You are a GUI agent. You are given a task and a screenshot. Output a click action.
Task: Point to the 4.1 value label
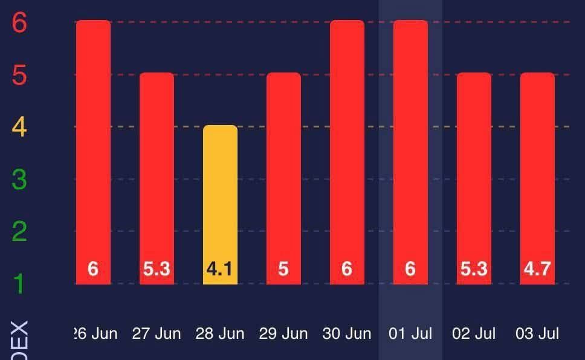click(220, 269)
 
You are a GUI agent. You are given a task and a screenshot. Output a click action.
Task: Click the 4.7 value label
click(537, 269)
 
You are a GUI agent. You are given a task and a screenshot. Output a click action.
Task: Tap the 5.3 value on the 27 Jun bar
click(157, 269)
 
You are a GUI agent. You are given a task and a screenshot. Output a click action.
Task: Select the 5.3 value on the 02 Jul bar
click(474, 269)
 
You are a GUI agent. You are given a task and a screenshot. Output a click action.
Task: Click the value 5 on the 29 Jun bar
click(283, 269)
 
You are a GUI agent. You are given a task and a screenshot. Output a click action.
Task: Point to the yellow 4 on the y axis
click(19, 127)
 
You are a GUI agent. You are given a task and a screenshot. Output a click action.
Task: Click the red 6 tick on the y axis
click(19, 23)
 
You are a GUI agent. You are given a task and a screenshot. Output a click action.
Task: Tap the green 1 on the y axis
click(19, 283)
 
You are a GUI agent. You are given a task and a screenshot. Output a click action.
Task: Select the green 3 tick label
click(19, 179)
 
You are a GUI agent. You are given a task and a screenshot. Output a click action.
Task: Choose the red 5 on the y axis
click(19, 76)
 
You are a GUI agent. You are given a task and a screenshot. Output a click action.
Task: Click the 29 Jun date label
click(283, 333)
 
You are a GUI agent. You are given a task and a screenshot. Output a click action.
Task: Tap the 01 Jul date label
click(410, 333)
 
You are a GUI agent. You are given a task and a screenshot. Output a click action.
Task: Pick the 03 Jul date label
click(537, 333)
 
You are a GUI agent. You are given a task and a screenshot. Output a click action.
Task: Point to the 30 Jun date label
click(347, 333)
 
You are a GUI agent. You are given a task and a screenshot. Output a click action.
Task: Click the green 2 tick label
click(19, 231)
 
